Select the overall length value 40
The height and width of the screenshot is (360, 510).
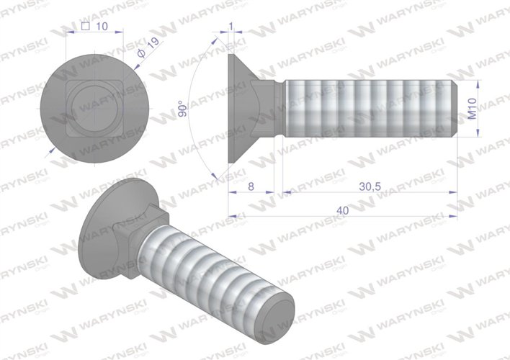tap(344, 210)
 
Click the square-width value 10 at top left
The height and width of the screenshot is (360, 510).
tap(101, 27)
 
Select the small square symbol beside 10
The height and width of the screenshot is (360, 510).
tap(86, 27)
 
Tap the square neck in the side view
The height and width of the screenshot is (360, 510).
tap(278, 108)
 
